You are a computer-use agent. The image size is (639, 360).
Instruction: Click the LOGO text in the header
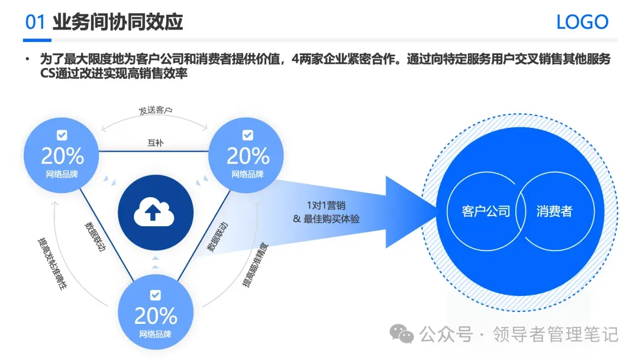582,22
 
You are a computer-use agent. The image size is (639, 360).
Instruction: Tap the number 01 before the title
35,22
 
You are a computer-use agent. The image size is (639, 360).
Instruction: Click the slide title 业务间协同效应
118,22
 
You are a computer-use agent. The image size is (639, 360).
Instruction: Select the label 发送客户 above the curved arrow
156,111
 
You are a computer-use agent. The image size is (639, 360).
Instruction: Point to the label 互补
155,143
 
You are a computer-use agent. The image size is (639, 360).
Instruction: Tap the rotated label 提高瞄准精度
255,264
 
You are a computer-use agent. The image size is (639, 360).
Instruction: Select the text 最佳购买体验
332,218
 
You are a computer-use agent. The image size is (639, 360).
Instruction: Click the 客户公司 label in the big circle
486,211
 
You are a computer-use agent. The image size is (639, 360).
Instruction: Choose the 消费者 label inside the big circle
554,211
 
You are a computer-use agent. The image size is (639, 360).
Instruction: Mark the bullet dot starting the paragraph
27,60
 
